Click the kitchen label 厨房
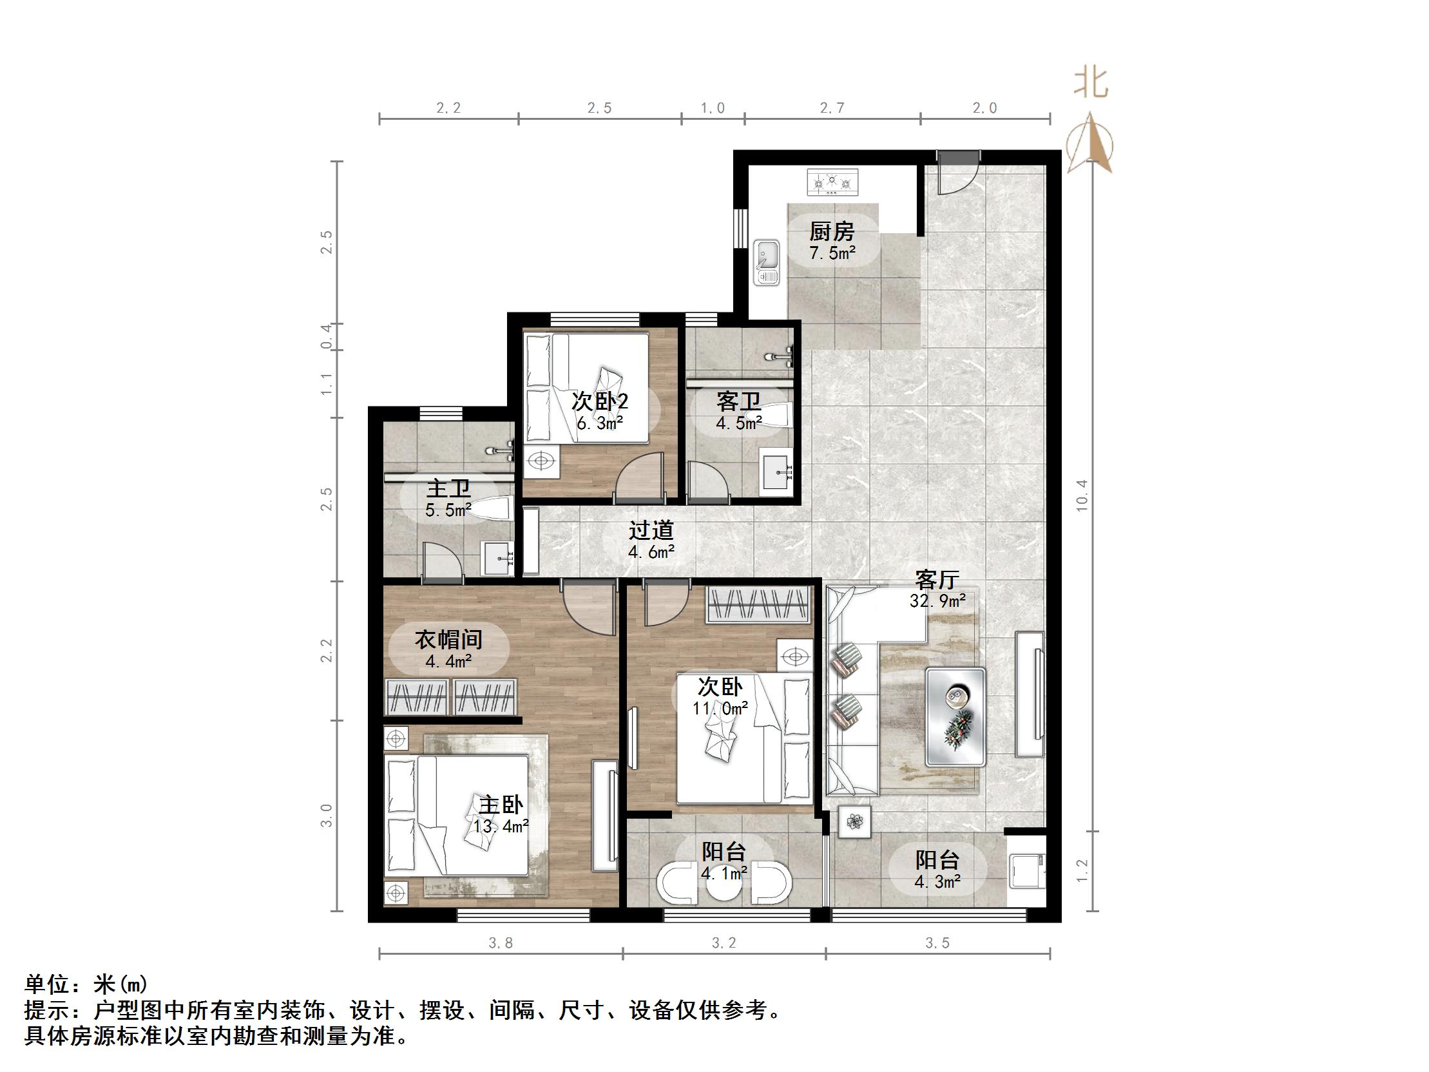click(831, 231)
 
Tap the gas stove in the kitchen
click(832, 182)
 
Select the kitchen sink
click(767, 262)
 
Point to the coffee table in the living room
click(955, 716)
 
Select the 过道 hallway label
click(651, 530)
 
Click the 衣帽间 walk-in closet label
click(448, 640)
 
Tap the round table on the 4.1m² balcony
click(723, 888)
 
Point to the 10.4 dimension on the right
click(1082, 495)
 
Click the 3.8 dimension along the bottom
click(501, 943)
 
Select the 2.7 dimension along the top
click(832, 108)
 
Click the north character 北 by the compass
click(1092, 84)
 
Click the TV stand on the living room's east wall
click(1030, 693)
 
